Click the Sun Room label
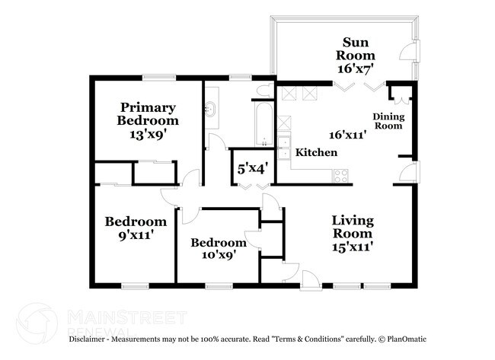pyautogui.click(x=358, y=49)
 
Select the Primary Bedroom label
pyautogui.click(x=147, y=114)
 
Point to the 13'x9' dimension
pyautogui.click(x=147, y=134)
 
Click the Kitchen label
pyautogui.click(x=316, y=153)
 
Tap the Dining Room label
pyautogui.click(x=388, y=121)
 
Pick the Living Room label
pyautogui.click(x=353, y=227)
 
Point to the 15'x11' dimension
pyautogui.click(x=352, y=247)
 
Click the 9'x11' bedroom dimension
pyautogui.click(x=135, y=235)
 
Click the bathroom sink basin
pyautogui.click(x=210, y=109)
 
